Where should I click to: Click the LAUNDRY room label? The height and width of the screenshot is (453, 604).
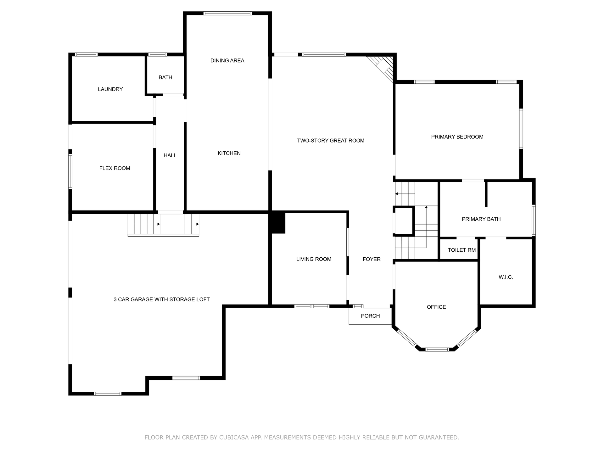coord(110,89)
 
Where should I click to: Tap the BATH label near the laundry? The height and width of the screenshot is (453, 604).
coord(165,77)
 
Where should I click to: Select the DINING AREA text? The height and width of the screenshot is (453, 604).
coord(227,61)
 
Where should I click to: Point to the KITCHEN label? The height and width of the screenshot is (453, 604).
coord(229,153)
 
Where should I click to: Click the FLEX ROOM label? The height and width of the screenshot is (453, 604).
coord(115,168)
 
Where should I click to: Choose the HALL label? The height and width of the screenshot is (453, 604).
coord(170,155)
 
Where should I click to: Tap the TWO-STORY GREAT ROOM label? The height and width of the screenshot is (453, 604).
coord(331,141)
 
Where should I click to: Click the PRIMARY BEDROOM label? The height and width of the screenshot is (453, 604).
coord(457,137)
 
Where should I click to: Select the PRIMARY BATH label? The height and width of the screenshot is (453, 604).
coord(481,219)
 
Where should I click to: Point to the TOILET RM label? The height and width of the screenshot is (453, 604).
coord(462,250)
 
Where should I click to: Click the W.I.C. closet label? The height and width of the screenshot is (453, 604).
coord(506,277)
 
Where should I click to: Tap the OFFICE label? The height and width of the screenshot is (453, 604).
coord(436,307)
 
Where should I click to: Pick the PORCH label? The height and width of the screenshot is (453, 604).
coord(370,316)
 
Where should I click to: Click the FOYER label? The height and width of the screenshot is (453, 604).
coord(372,259)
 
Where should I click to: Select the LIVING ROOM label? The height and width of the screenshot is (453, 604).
coord(314,259)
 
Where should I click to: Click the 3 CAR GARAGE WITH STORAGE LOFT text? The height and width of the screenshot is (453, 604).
coord(162,299)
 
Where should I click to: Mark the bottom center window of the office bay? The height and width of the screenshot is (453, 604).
coord(437,349)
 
